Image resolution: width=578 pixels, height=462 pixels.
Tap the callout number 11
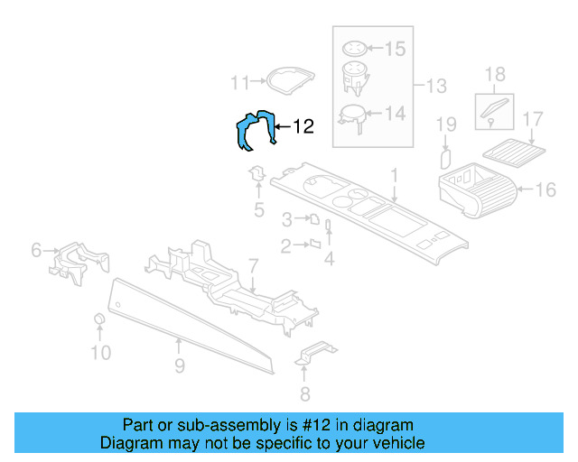(x=238, y=83)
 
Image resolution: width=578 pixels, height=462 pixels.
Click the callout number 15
(x=396, y=48)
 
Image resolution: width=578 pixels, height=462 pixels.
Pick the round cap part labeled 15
(x=356, y=48)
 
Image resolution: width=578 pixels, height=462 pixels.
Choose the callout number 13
(x=436, y=87)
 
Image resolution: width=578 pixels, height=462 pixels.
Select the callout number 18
(x=496, y=74)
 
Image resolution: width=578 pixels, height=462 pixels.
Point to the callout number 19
(x=446, y=124)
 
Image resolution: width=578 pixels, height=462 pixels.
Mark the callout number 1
(x=394, y=173)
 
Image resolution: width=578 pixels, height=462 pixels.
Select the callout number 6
(x=36, y=250)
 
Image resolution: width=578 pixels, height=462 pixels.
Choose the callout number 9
(x=180, y=365)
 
